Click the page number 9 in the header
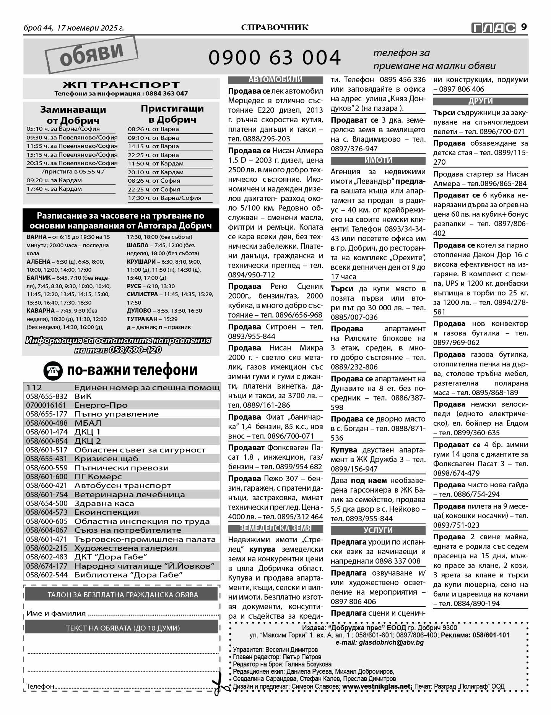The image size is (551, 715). point(524,27)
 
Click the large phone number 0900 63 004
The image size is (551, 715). point(275,58)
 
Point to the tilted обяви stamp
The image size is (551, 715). point(91,54)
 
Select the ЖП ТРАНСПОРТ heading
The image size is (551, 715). point(121,84)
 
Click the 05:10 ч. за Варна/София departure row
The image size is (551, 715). point(63,129)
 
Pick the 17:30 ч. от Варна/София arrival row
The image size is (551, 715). point(164,198)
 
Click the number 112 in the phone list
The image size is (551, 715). point(34,387)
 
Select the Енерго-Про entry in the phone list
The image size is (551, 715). point(101,405)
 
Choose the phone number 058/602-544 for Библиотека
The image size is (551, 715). point(47,575)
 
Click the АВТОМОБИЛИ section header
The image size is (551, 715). point(275,80)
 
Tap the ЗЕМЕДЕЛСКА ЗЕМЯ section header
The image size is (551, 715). point(275,528)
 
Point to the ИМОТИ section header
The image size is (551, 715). point(378,161)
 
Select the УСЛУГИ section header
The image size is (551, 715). point(378,530)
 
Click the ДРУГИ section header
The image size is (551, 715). point(480,101)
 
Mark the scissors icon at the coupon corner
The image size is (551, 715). point(219,687)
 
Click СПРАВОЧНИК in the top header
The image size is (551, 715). point(275,28)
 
